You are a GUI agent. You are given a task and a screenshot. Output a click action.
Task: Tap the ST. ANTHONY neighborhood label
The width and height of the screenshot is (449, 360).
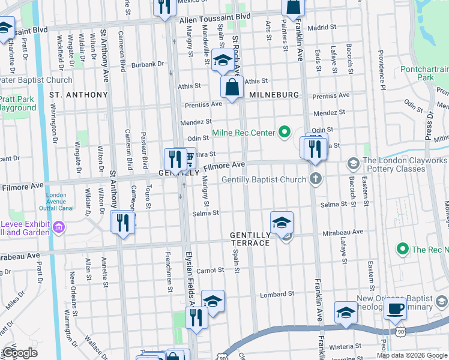[x=78, y=95]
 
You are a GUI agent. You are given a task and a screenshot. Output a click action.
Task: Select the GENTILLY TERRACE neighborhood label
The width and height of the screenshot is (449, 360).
[x=250, y=239]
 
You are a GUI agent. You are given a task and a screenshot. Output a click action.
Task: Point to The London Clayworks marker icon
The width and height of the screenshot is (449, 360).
[x=354, y=163]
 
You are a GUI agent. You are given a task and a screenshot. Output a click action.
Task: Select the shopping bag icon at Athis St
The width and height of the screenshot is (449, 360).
[x=232, y=87]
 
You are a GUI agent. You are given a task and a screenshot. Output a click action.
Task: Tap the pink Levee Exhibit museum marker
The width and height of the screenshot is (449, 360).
[x=59, y=227]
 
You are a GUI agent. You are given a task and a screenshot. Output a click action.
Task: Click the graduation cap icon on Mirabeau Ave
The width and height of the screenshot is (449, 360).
[x=282, y=223]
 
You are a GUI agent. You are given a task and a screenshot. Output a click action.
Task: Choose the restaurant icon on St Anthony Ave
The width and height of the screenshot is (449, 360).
[x=122, y=223]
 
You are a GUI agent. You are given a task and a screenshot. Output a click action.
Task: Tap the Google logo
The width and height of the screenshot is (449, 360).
[x=20, y=352]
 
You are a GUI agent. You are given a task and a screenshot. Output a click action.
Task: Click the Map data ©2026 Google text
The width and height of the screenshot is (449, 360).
[x=412, y=355]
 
